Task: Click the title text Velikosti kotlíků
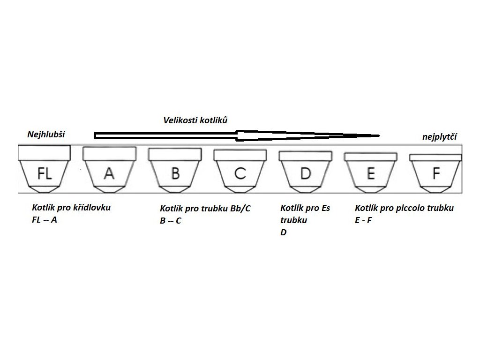pyautogui.click(x=195, y=120)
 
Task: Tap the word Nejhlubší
pyautogui.click(x=46, y=135)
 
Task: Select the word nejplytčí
pyautogui.click(x=440, y=137)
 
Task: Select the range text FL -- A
pyautogui.click(x=45, y=219)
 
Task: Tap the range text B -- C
pyautogui.click(x=171, y=220)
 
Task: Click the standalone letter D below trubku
pyautogui.click(x=284, y=232)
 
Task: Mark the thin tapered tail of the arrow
pyautogui.click(x=366, y=136)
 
